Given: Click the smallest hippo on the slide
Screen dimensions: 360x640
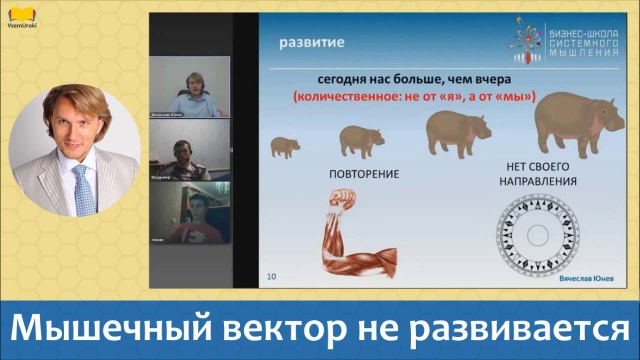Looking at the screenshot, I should coord(284,148).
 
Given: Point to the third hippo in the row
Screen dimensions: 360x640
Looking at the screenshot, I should coord(457,131).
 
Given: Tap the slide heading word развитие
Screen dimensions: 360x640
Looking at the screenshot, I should coord(311,44).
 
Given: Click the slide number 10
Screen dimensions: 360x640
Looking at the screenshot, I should coord(271,274).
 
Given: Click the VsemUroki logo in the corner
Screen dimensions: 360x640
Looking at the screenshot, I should coord(22,17).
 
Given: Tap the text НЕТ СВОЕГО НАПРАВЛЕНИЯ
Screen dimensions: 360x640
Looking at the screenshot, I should coord(538,177).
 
